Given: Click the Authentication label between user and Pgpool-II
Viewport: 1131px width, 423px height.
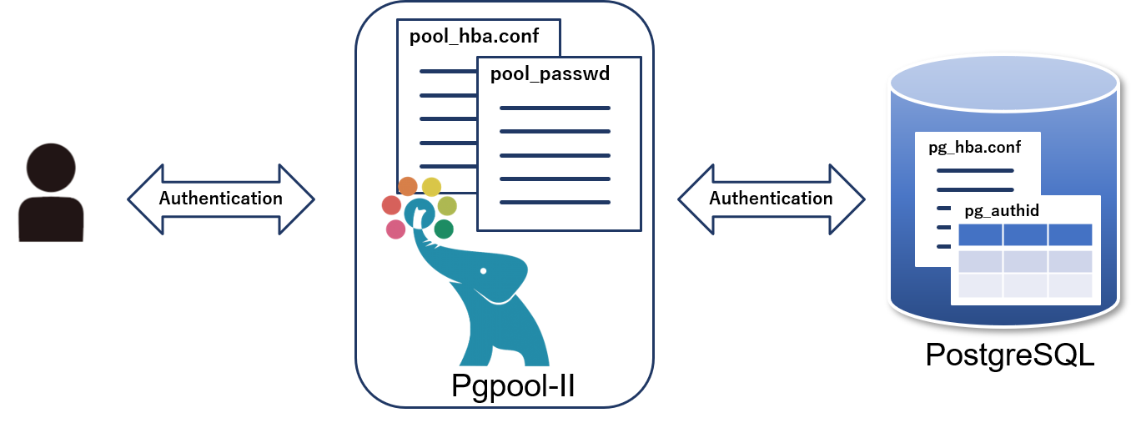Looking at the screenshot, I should tap(221, 199).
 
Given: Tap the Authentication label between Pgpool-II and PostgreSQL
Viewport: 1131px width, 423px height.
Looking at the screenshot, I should tap(771, 199).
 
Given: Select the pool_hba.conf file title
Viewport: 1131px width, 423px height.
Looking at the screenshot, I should tap(462, 38).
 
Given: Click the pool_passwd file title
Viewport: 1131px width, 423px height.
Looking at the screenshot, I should tap(550, 74).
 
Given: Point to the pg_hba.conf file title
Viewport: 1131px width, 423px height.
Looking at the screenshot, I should tap(974, 148).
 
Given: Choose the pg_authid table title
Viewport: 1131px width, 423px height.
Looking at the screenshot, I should tap(1002, 210).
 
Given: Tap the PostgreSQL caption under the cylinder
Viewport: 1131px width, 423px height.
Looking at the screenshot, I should tap(1009, 355).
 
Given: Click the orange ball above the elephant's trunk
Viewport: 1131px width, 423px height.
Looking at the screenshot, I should tap(408, 186).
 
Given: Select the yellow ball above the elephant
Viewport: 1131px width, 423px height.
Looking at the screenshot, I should tap(431, 187).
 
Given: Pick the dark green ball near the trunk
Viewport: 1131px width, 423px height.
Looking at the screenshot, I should tap(444, 229).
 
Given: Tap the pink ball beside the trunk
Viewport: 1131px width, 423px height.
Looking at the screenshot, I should tap(396, 229).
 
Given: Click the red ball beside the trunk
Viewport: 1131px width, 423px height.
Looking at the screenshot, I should tap(391, 205).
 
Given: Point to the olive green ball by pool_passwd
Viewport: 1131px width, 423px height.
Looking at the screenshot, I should tap(447, 206).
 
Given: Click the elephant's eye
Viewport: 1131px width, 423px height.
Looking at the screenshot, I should tap(484, 270).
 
